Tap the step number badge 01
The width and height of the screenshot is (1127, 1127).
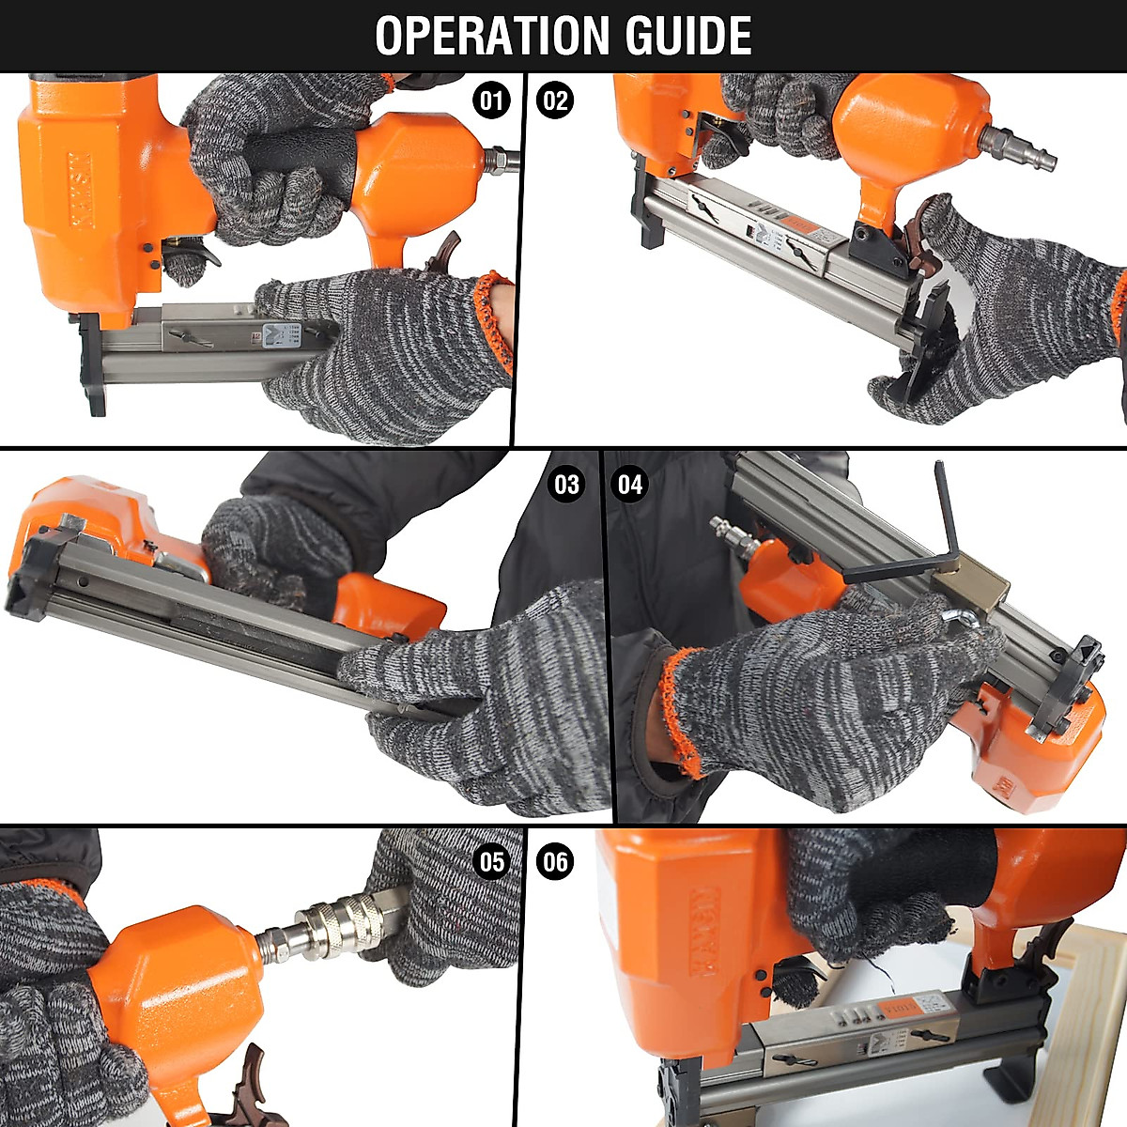[492, 100]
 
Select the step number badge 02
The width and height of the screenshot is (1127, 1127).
[555, 100]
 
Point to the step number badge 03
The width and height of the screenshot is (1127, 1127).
[566, 485]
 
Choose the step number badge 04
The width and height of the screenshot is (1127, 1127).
[630, 485]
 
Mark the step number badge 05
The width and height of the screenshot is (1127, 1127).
[492, 861]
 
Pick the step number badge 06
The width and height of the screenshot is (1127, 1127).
[555, 861]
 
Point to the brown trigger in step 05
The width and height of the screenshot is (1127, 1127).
[246, 1089]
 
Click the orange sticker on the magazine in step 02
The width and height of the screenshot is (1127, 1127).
[799, 226]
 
